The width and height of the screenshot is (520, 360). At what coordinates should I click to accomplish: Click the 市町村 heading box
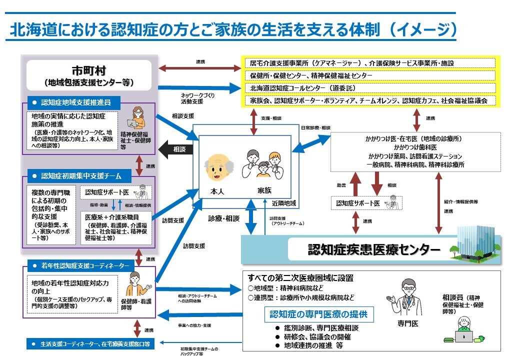pyautogui.click(x=88, y=75)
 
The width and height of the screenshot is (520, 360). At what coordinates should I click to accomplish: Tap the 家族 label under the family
pyautogui.click(x=264, y=191)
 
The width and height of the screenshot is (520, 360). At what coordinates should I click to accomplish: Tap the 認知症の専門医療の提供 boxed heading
pyautogui.click(x=318, y=314)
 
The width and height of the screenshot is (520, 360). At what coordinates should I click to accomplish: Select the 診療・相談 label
pyautogui.click(x=224, y=218)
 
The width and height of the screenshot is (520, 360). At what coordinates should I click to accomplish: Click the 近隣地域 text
pyautogui.click(x=284, y=203)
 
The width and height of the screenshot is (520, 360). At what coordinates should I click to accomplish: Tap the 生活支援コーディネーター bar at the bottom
pyautogui.click(x=90, y=344)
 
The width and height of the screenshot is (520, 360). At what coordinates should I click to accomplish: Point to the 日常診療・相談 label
pyautogui.click(x=315, y=128)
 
